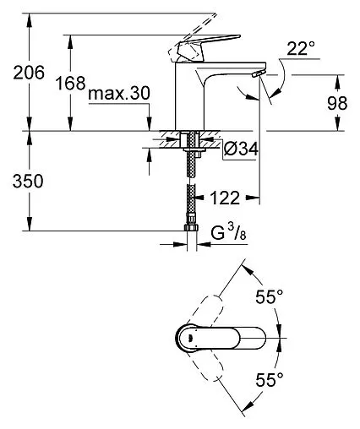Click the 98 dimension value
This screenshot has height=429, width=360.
pos(338,103)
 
